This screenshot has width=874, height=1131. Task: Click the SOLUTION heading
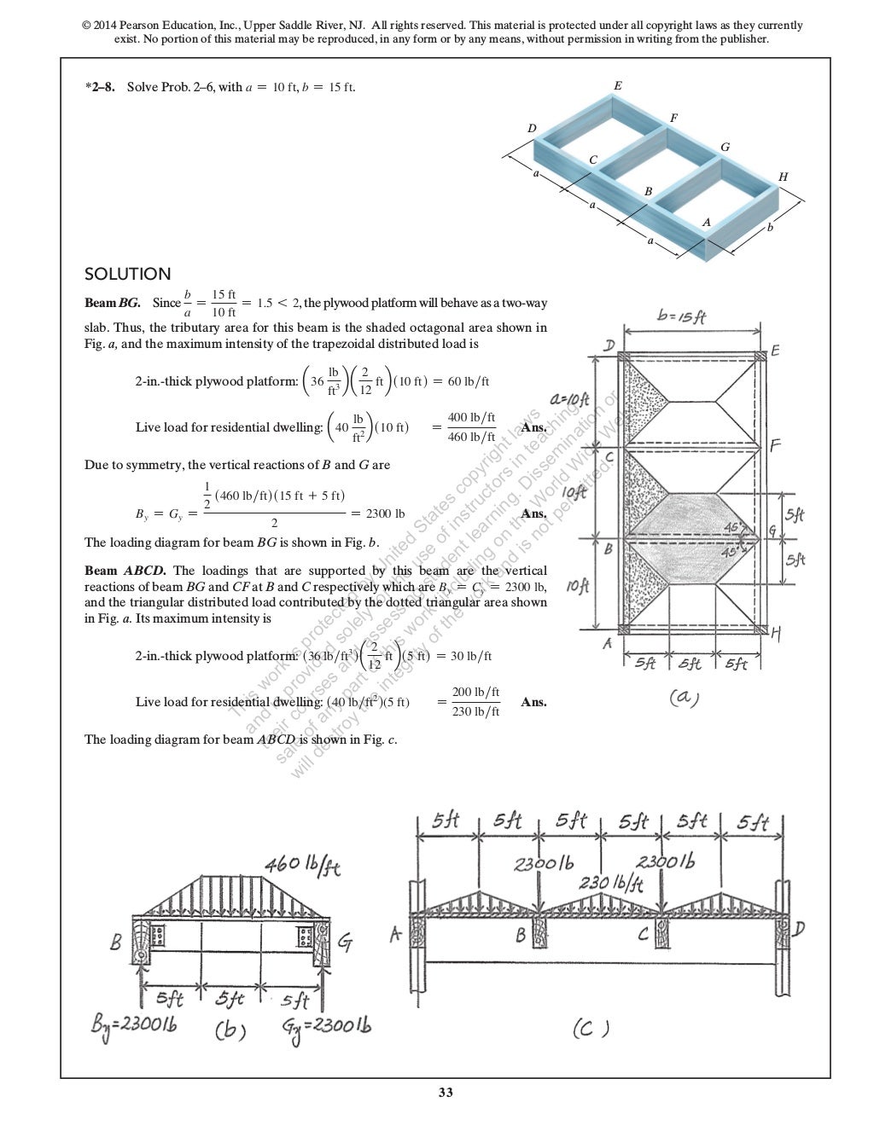(127, 274)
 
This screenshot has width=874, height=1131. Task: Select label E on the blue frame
(618, 86)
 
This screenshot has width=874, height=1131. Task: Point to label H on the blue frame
(783, 177)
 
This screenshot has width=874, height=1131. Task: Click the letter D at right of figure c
(799, 930)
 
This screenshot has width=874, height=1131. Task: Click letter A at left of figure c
(396, 935)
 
